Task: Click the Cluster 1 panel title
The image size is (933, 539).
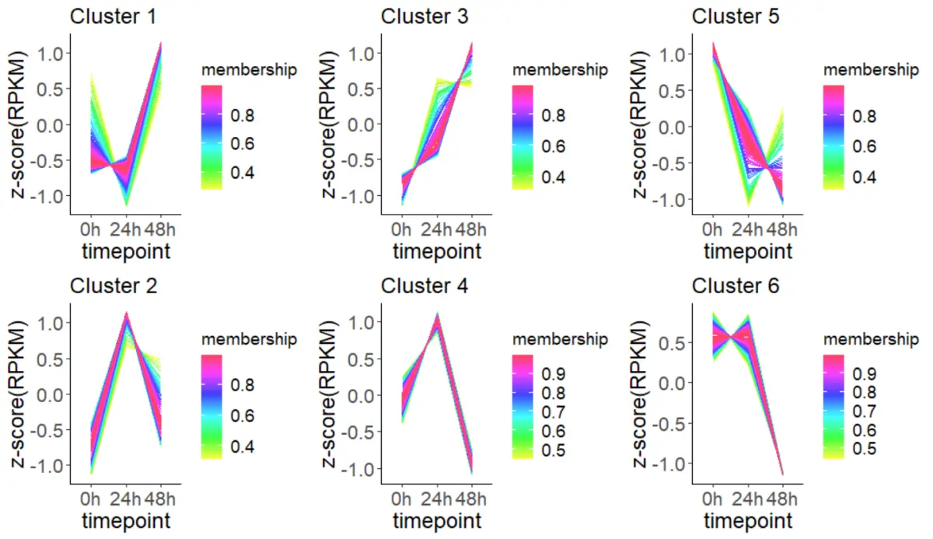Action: coord(114,16)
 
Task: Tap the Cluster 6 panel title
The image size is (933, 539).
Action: coord(736,285)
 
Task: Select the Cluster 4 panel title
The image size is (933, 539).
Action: coord(425,285)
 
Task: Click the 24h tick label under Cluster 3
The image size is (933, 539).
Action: coord(438,229)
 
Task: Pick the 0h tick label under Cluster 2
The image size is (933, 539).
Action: coord(90,498)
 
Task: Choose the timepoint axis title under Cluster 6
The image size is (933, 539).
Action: coord(748,520)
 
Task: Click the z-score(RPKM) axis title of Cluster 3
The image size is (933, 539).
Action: coord(332,124)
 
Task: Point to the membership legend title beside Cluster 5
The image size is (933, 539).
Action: coord(871,69)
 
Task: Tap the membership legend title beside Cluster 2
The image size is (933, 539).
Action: coord(249,339)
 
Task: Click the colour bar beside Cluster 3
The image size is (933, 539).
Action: coord(522,137)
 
